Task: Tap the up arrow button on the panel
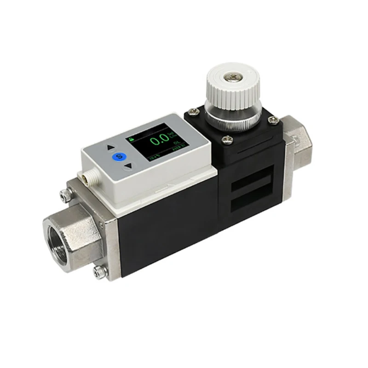[x=110, y=149]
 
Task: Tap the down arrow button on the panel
[x=129, y=165]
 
